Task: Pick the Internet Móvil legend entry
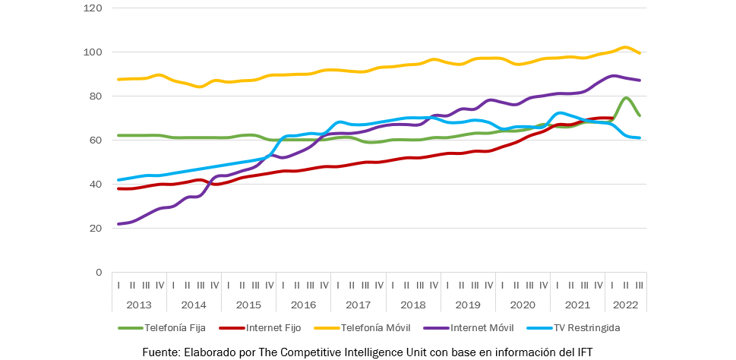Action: [482, 328]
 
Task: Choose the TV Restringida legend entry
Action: [584, 328]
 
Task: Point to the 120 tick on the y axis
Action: [94, 8]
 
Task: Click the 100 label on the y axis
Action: [94, 52]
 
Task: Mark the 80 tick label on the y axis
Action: [96, 96]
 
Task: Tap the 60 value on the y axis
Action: [96, 141]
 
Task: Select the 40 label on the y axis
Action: [96, 185]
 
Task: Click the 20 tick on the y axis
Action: [96, 228]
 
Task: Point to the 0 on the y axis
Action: [100, 272]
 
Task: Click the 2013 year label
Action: [139, 305]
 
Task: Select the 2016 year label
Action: [304, 305]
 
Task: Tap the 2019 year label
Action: [468, 305]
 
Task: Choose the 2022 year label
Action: [626, 305]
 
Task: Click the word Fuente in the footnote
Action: [160, 352]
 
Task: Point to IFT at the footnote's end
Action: [583, 352]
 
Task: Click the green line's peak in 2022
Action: [625, 98]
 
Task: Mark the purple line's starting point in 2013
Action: [119, 224]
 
